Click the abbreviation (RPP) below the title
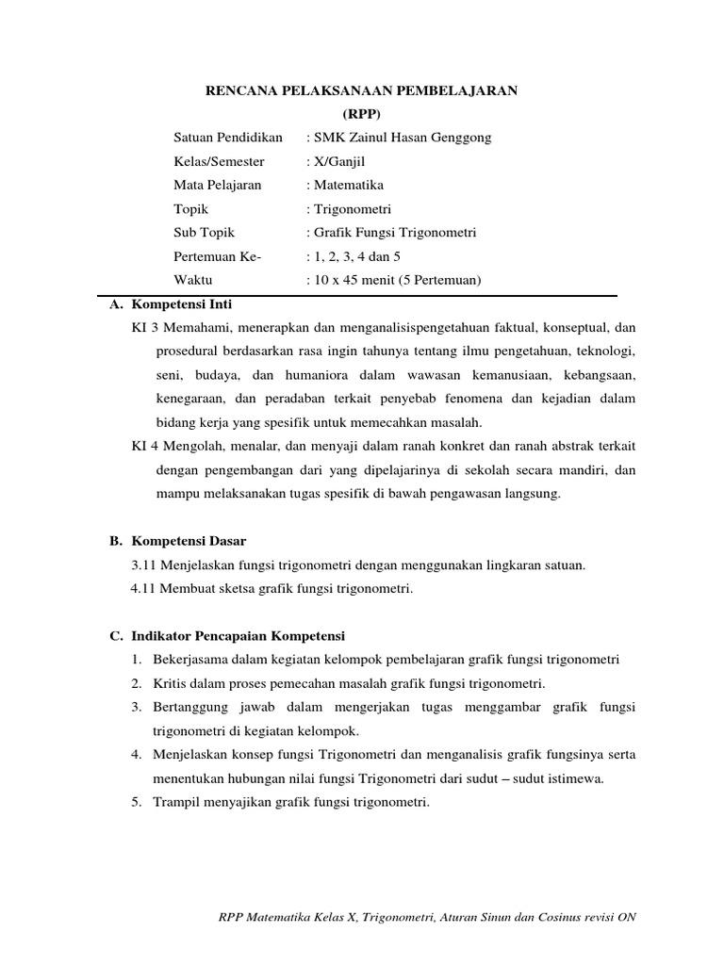tap(362, 113)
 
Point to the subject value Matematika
tap(348, 185)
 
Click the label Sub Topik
tap(205, 233)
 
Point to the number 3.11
tap(146, 564)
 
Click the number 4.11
tap(144, 589)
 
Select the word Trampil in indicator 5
tap(175, 802)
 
